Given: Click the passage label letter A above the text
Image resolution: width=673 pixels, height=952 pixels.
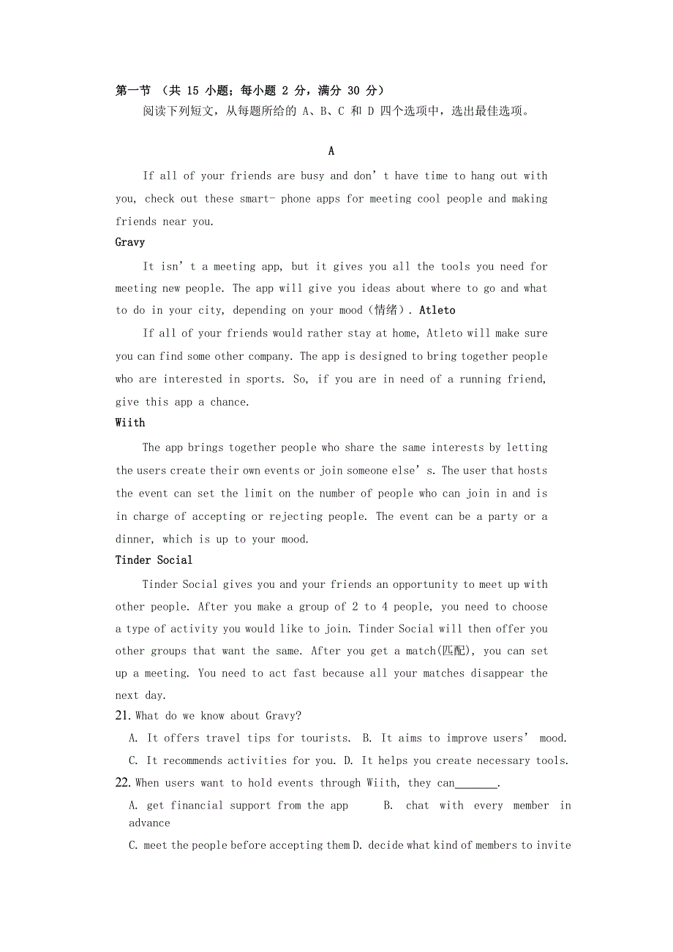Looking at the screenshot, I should coord(331,151).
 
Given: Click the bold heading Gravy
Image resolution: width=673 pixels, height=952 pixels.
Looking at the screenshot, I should coord(130,242).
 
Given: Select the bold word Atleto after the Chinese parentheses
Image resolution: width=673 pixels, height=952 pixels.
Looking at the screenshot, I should coord(437,310).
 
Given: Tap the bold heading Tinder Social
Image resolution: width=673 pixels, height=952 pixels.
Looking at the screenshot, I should coord(154,560).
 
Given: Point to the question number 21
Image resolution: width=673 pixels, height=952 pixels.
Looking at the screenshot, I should coord(123,716).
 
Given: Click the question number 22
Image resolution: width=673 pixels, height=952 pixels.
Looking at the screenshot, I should coord(123,783).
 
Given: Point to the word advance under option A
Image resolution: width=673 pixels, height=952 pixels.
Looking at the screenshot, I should coord(149,823).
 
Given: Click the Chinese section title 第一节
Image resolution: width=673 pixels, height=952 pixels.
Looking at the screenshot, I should coord(133,91).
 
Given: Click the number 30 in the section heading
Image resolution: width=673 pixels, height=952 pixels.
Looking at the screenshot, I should coord(353,91).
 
